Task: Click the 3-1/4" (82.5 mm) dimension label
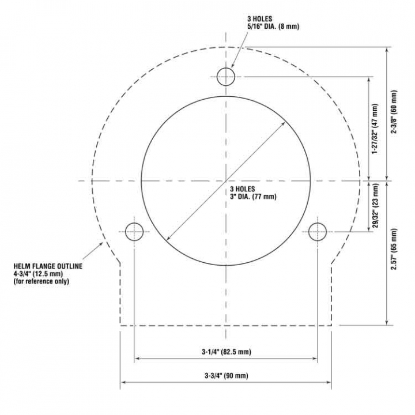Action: pyautogui.click(x=227, y=352)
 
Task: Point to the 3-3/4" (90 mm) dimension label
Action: pyautogui.click(x=227, y=376)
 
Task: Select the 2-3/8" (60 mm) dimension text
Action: pyautogui.click(x=394, y=112)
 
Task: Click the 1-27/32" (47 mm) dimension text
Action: pyautogui.click(x=375, y=129)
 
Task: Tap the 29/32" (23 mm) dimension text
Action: pyautogui.click(x=375, y=206)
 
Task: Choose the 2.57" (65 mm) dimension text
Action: pyautogui.click(x=394, y=249)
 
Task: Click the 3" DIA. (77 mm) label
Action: pyautogui.click(x=253, y=197)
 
